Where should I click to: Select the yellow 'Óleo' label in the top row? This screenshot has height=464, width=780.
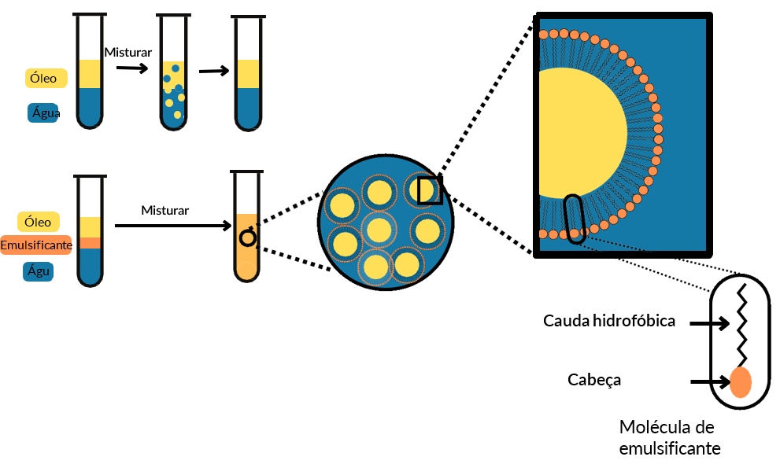[44, 78]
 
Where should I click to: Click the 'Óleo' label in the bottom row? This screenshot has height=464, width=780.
[38, 222]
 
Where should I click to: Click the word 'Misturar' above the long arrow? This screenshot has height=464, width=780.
[165, 210]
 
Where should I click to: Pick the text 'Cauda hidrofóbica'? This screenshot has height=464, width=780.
[609, 321]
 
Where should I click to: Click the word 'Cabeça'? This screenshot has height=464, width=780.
[594, 380]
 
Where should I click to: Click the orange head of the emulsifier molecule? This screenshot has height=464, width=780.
[740, 382]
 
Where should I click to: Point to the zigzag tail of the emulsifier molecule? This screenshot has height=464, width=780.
[741, 322]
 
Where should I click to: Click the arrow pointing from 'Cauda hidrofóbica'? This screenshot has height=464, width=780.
[708, 322]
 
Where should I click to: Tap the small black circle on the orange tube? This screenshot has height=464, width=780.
[247, 238]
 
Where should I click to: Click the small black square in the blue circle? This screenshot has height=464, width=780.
[430, 190]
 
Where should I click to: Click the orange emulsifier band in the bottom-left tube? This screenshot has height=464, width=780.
[90, 243]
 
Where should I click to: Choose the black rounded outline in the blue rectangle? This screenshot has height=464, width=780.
[575, 218]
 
